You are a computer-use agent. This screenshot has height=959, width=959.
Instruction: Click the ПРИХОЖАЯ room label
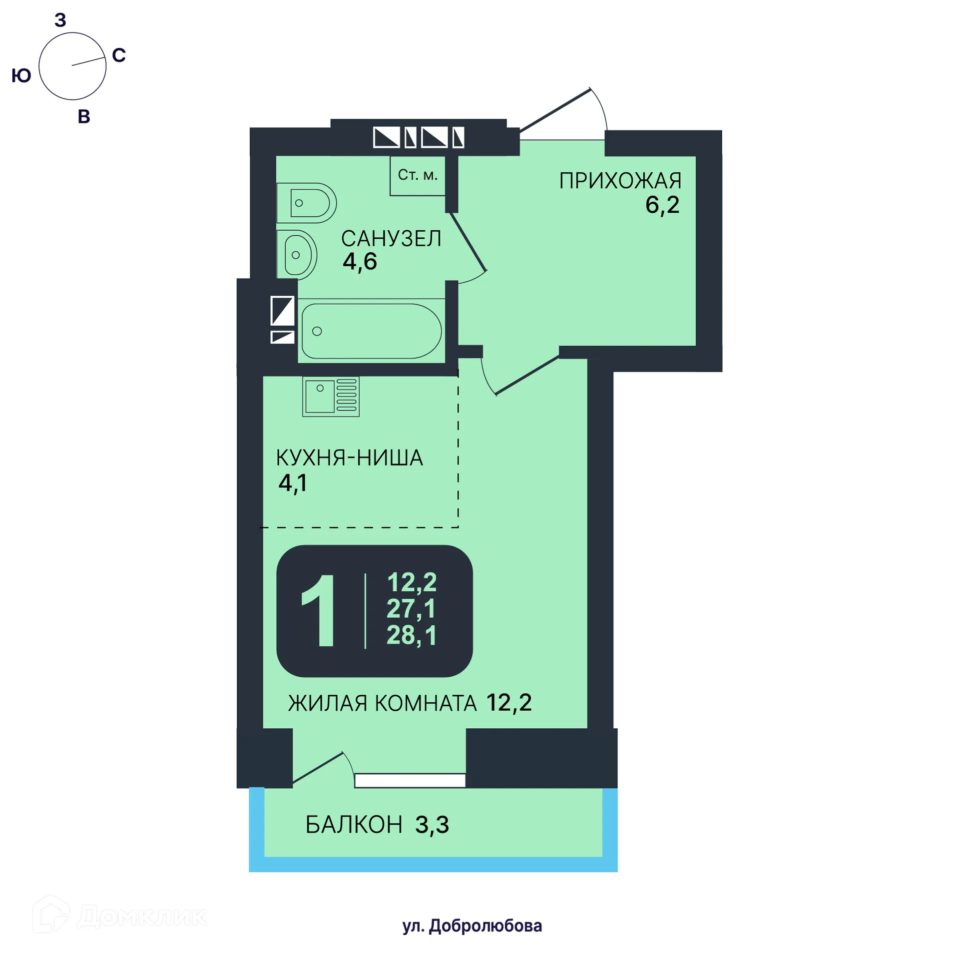[x=620, y=181]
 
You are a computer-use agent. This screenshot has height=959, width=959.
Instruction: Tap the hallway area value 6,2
[x=662, y=205]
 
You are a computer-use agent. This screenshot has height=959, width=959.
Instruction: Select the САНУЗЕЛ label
[x=391, y=239]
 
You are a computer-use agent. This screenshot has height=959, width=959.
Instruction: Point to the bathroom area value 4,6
[x=360, y=261]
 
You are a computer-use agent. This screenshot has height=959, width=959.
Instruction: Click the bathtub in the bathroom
[x=371, y=331]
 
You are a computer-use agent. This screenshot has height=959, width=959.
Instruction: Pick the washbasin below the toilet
[x=298, y=255]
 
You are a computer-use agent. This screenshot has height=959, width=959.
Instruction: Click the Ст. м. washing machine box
[x=418, y=175]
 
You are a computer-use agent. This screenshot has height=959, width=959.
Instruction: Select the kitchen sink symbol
[x=331, y=397]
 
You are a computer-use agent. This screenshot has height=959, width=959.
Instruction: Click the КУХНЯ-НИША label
[x=350, y=458]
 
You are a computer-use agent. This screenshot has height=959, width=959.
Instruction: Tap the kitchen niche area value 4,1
[x=293, y=483]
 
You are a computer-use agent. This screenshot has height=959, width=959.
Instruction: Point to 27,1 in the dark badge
[x=411, y=609]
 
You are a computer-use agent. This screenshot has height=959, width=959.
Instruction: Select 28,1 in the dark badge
[x=411, y=635]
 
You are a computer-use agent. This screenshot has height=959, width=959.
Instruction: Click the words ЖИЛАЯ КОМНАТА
[x=383, y=703]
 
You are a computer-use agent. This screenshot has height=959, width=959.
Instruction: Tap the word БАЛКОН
[x=354, y=825]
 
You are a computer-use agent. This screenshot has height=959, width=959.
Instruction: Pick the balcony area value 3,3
[x=432, y=825]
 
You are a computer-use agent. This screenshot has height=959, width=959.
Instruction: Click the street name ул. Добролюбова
[x=472, y=926]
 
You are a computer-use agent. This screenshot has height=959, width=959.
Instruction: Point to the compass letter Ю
[x=21, y=76]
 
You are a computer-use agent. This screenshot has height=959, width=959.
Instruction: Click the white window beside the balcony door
[x=410, y=780]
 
